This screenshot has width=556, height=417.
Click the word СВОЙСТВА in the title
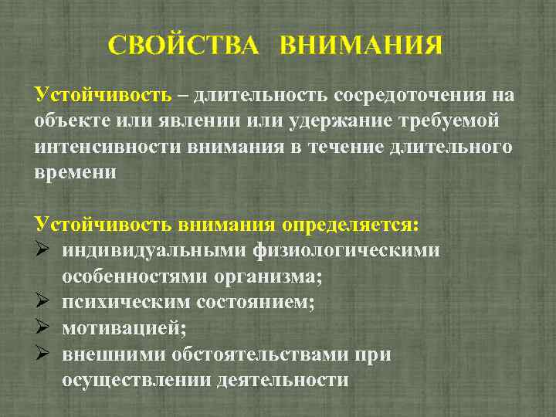pos(185,45)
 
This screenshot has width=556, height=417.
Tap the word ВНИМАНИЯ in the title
pos(361,45)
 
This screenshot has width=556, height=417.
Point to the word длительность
pos(261,95)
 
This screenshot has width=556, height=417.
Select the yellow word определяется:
pos(351,225)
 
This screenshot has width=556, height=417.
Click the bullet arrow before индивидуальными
pos(42,251)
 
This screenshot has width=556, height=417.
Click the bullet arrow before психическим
pos(42,303)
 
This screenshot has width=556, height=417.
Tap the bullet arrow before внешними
pos(42,355)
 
